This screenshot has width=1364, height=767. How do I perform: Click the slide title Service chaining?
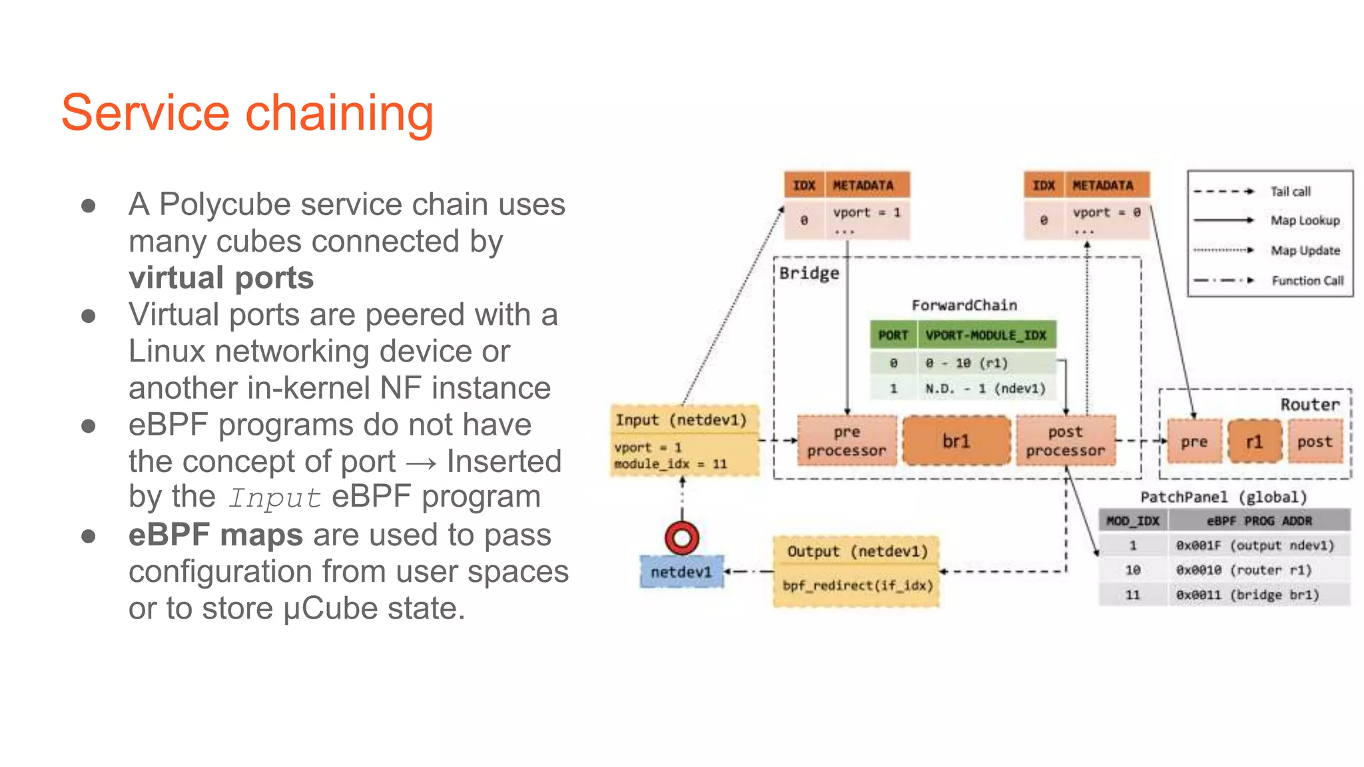247,113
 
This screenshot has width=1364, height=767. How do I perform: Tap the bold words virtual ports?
220,278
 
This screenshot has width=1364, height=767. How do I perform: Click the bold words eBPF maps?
215,535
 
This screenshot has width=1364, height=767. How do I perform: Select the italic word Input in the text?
274,498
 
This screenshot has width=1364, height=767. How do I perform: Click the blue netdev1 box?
681,572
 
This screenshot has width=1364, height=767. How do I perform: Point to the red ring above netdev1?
682,537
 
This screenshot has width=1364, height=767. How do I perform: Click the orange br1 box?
956,441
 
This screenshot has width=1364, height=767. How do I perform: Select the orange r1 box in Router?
1254,441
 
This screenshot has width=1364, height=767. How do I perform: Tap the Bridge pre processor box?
847,441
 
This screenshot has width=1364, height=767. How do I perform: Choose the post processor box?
1065,441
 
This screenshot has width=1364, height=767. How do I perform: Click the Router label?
1309,404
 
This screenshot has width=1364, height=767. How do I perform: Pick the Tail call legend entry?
1290,192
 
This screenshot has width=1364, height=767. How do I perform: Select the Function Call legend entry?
1307,280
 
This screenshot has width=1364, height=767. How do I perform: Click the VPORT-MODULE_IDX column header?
986,335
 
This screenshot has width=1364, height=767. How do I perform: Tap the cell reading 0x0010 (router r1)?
1243,570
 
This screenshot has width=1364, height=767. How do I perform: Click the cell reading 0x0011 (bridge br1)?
1247,595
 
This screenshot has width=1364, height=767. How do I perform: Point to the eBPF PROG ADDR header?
1259,521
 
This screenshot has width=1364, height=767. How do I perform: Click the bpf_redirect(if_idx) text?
857,585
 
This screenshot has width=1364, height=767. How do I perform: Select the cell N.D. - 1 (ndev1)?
985,388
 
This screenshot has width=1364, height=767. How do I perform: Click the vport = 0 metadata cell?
1106,213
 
